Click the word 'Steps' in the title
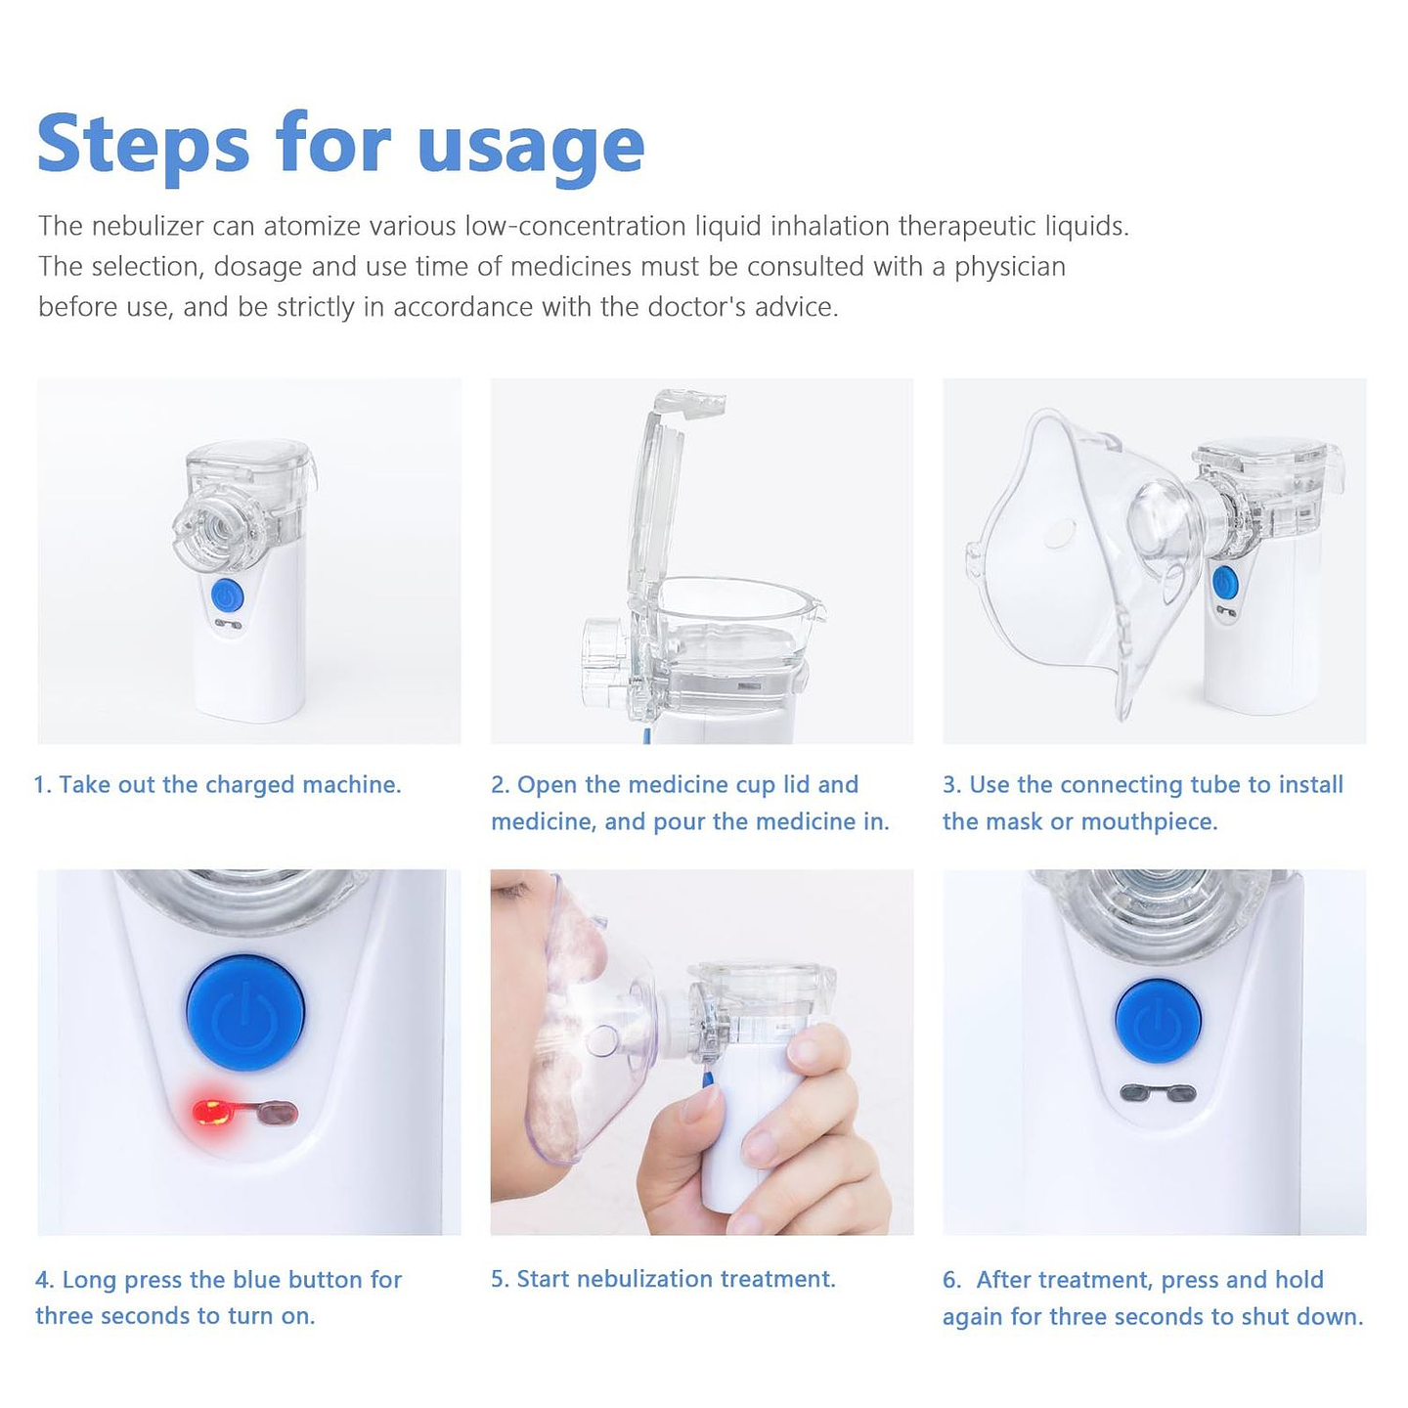[x=143, y=145]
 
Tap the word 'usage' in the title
[x=530, y=147]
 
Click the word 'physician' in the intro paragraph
[x=1009, y=267]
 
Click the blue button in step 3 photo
[x=1224, y=584]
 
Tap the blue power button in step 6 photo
[x=1158, y=1022]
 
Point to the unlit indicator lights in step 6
[x=1158, y=1092]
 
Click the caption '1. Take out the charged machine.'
[x=218, y=785]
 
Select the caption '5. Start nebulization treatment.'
[x=663, y=1279]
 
